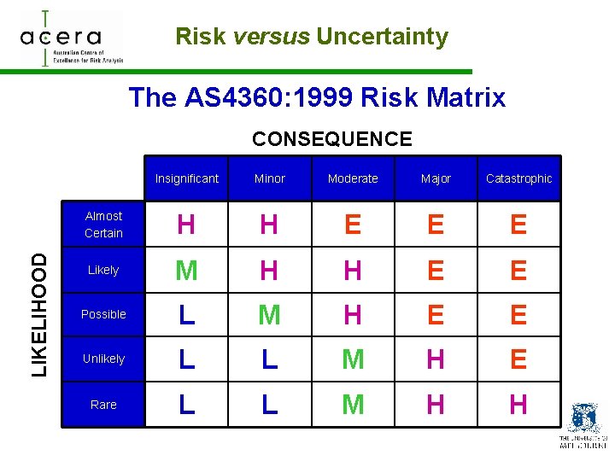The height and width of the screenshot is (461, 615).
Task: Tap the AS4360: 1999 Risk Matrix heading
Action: pyautogui.click(x=317, y=97)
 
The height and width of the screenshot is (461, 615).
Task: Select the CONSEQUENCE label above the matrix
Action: pyautogui.click(x=332, y=139)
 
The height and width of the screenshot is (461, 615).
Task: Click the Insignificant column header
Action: pyautogui.click(x=187, y=178)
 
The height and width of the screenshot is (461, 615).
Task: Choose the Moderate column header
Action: pyautogui.click(x=353, y=178)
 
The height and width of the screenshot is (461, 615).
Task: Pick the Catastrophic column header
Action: pyautogui.click(x=518, y=178)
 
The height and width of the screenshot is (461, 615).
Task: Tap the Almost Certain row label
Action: pyautogui.click(x=103, y=225)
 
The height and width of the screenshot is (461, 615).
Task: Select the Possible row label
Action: pyautogui.click(x=103, y=314)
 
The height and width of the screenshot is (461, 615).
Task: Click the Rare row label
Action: pyautogui.click(x=103, y=405)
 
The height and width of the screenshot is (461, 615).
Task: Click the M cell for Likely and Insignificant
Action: pyautogui.click(x=186, y=271)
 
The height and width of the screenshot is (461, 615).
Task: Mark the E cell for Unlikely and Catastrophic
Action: pyautogui.click(x=518, y=359)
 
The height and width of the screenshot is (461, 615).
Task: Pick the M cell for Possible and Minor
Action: pyautogui.click(x=269, y=315)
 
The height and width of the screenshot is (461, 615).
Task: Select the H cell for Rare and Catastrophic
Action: pyautogui.click(x=518, y=405)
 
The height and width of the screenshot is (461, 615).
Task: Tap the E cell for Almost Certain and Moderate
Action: pyautogui.click(x=353, y=225)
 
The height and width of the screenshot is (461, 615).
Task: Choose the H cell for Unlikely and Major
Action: pyautogui.click(x=436, y=359)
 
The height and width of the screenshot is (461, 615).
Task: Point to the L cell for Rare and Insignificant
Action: pyautogui.click(x=186, y=405)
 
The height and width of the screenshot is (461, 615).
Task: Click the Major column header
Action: pyautogui.click(x=436, y=178)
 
